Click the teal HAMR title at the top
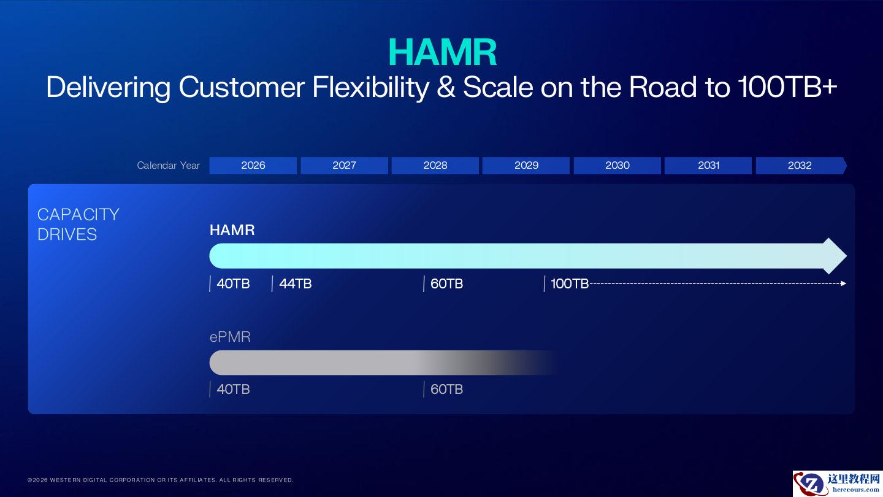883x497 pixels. tap(442, 52)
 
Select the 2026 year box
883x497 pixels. tap(253, 165)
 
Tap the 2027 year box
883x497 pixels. tap(344, 165)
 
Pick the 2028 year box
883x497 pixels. tap(435, 165)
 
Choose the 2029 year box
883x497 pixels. tap(526, 165)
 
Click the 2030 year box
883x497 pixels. tap(617, 165)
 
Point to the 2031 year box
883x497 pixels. tap(708, 165)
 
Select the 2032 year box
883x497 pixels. tap(800, 165)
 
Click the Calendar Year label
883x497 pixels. tap(168, 165)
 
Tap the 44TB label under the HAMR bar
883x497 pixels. tap(295, 283)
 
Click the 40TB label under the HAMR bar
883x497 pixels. tap(233, 283)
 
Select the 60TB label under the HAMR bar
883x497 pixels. tap(446, 283)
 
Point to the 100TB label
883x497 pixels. tap(569, 283)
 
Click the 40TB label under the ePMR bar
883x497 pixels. tap(233, 389)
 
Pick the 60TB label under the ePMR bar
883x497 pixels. tap(446, 389)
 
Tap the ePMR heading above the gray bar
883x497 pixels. tap(230, 337)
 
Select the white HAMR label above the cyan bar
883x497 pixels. tap(232, 230)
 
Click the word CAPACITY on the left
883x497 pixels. tap(78, 214)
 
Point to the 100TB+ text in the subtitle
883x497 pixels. tap(787, 88)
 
